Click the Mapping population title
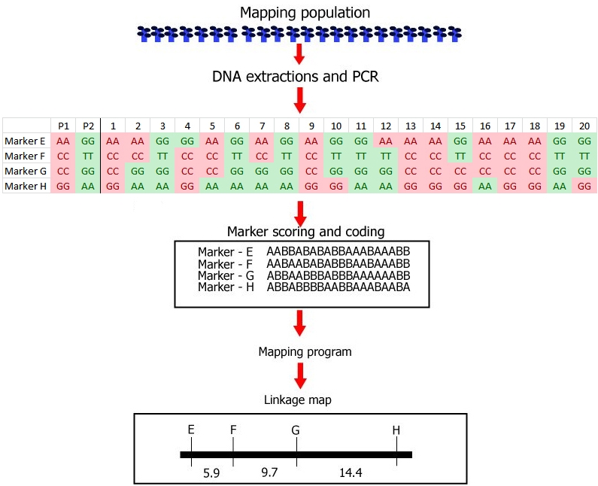pos(299,13)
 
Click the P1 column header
pos(63,125)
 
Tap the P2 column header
pos(88,125)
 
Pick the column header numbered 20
pos(584,125)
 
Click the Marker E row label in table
pos(26,141)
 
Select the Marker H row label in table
pos(26,186)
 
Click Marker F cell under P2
pos(88,156)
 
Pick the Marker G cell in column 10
pos(336,171)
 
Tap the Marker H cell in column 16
pos(485,186)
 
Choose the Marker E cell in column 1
pos(113,141)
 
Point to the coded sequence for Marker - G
pos(338,275)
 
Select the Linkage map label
pos(299,400)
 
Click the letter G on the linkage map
pos(296,430)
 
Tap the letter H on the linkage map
pos(396,430)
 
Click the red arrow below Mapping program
pos(299,374)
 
